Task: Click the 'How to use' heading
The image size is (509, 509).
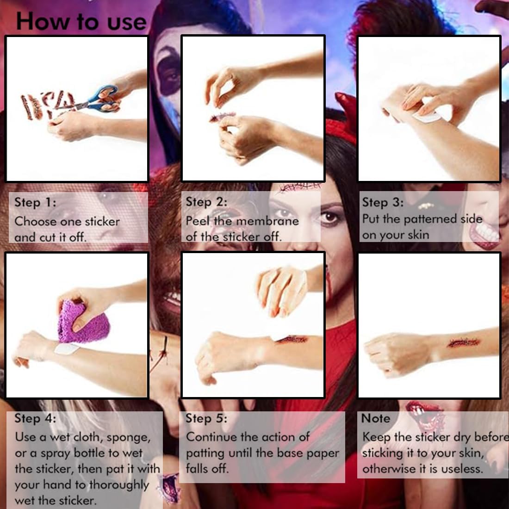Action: pyautogui.click(x=81, y=21)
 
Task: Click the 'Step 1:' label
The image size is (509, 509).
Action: pyautogui.click(x=35, y=202)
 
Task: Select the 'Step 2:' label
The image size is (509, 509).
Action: pyautogui.click(x=206, y=202)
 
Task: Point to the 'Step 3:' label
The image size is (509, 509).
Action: pyautogui.click(x=383, y=202)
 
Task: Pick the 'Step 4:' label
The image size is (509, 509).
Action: pyautogui.click(x=35, y=418)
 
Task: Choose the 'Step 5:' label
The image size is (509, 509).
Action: pyautogui.click(x=206, y=418)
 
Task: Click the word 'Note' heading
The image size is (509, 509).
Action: pyautogui.click(x=376, y=418)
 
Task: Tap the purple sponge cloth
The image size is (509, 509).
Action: pyautogui.click(x=83, y=322)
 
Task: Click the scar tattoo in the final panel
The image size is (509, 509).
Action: pyautogui.click(x=464, y=342)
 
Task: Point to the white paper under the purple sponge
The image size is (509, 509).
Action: pyautogui.click(x=67, y=349)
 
